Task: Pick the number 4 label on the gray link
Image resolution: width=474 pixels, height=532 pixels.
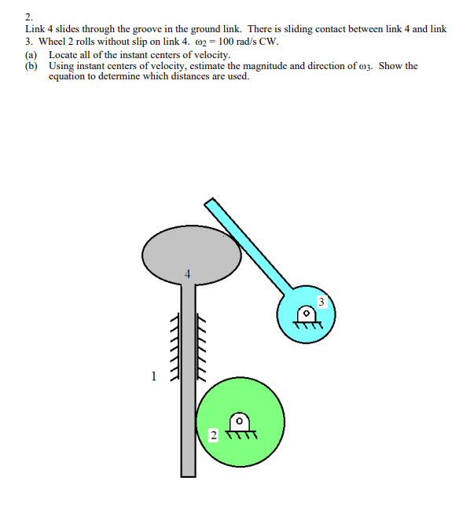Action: pyautogui.click(x=187, y=274)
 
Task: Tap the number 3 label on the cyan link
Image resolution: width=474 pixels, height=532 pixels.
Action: pyautogui.click(x=321, y=301)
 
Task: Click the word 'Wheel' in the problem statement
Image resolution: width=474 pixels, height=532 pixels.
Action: pyautogui.click(x=51, y=41)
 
